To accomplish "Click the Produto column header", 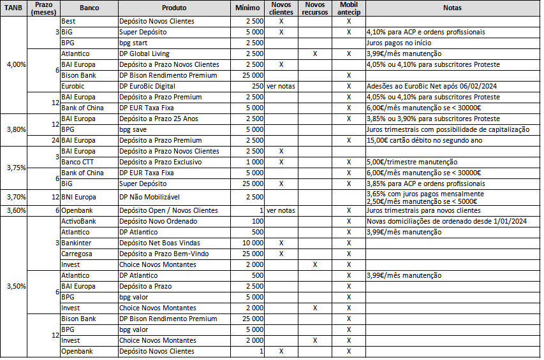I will coord(174,8).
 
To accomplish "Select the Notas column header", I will coord(452,8).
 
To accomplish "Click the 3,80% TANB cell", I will coord(15,129).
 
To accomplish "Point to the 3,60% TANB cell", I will coord(15,210).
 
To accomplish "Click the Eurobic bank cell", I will coord(72,85).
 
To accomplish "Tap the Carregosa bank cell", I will coord(77,254).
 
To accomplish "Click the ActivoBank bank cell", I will coord(78,221).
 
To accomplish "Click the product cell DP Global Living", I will coord(144,54).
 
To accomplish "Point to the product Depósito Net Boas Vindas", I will coord(159,243).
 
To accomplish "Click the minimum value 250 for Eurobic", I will coord(257,85).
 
